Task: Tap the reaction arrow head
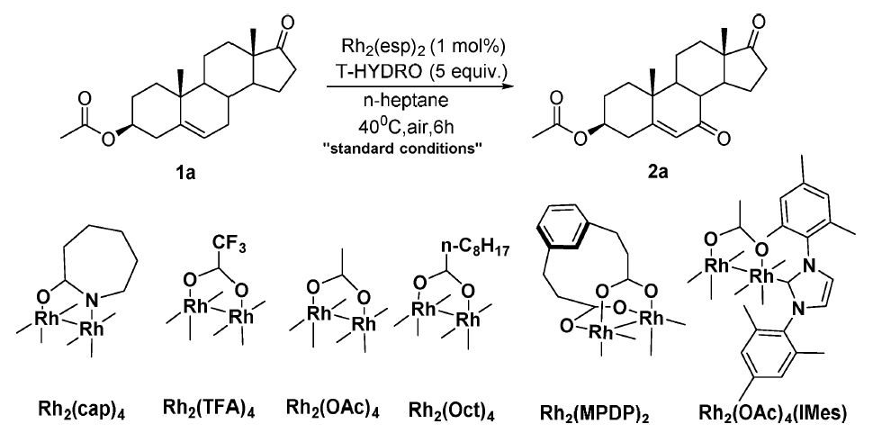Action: point(508,86)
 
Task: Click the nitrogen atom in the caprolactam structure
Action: point(95,302)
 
